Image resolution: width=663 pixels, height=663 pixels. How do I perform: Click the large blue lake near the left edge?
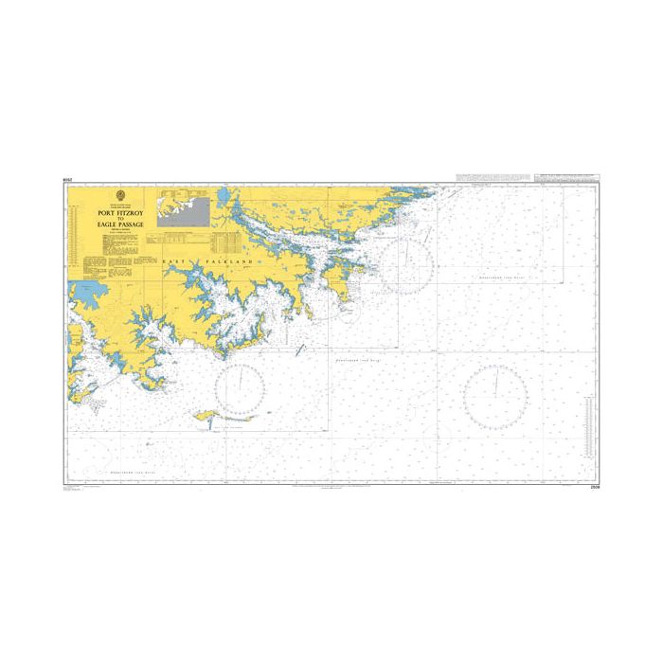coord(82,295)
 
